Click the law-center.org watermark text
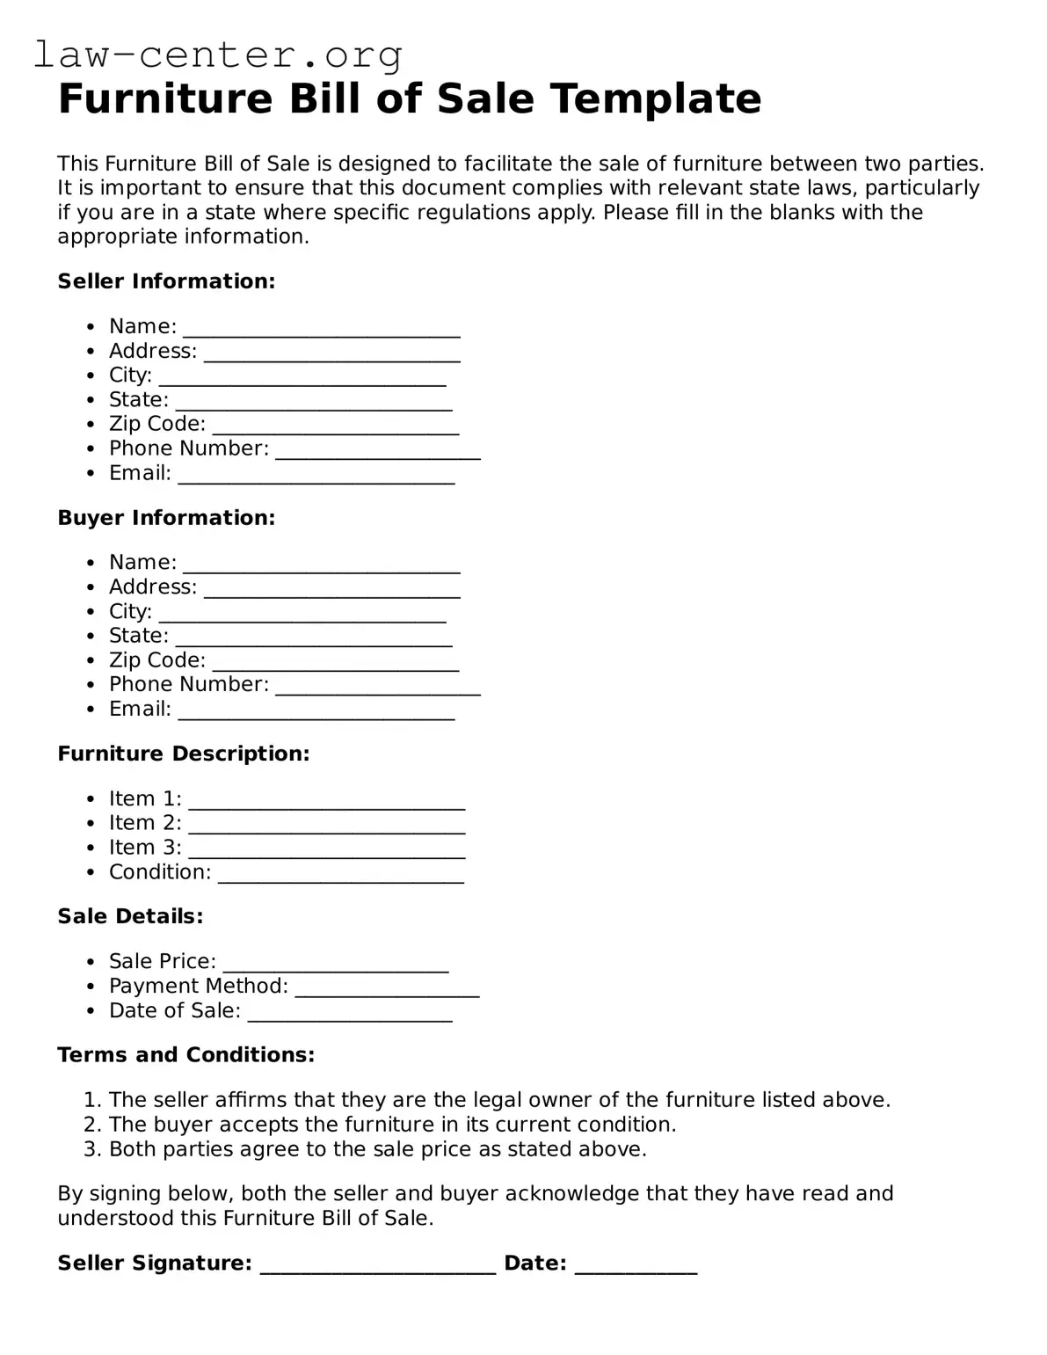click(218, 55)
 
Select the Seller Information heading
click(166, 281)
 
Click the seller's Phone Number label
click(188, 448)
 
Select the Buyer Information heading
click(166, 518)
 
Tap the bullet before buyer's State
click(91, 637)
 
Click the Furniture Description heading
click(183, 754)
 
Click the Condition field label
click(160, 872)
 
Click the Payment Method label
click(198, 987)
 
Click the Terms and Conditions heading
click(185, 1055)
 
